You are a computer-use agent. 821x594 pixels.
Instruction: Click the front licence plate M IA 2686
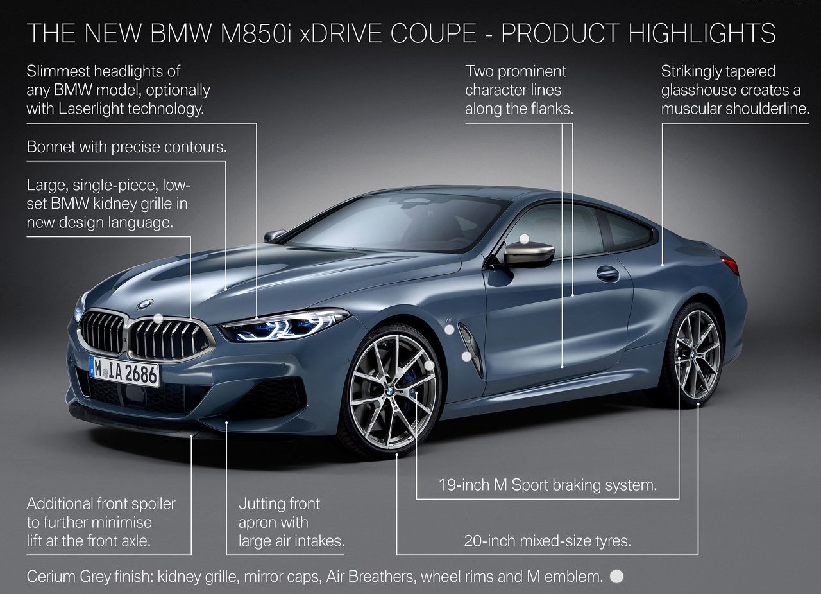coord(124,371)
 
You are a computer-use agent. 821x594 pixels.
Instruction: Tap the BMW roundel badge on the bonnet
coord(145,304)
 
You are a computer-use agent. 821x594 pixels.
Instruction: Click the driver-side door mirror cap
coord(529,254)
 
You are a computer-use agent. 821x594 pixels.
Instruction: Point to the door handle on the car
coord(607,274)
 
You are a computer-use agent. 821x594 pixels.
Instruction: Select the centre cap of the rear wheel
coord(694,354)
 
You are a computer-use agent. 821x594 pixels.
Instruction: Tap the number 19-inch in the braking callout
coord(464,485)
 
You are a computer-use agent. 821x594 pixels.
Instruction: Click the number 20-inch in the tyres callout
coord(490,541)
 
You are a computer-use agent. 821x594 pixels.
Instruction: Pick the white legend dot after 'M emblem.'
coord(616,576)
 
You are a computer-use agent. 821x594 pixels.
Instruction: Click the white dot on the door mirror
coord(525,239)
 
